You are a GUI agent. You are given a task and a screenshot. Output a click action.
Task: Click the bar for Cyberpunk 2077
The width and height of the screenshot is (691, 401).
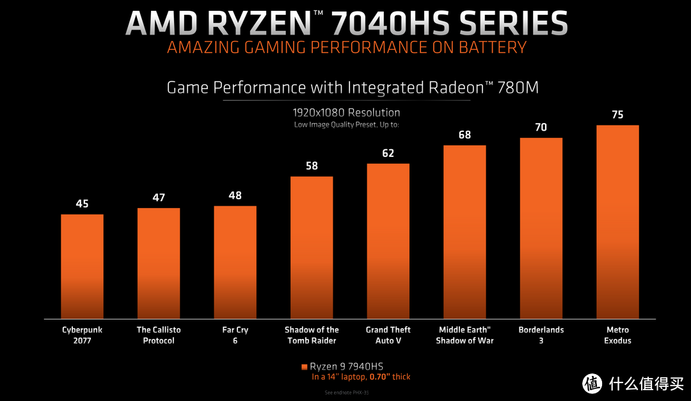82,266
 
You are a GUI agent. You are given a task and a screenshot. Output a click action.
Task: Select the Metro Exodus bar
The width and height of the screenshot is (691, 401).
617,221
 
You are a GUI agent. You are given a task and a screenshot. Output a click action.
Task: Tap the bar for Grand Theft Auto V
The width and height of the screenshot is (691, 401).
388,240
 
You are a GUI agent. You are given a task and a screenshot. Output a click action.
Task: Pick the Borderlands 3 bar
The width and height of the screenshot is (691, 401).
541,227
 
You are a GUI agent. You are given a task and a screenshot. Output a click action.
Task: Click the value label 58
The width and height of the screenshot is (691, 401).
312,166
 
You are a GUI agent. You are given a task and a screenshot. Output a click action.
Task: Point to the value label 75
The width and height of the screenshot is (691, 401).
617,115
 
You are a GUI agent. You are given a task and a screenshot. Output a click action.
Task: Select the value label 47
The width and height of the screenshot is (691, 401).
159,197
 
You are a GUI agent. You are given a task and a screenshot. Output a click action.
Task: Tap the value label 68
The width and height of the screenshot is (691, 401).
465,135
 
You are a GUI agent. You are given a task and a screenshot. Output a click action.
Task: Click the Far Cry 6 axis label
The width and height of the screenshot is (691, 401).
235,335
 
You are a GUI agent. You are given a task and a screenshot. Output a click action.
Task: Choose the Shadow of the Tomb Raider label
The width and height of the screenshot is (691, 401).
312,335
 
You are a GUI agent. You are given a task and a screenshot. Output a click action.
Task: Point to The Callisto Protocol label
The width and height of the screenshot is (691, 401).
159,335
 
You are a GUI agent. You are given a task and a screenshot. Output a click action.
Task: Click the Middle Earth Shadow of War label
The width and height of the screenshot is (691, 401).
465,335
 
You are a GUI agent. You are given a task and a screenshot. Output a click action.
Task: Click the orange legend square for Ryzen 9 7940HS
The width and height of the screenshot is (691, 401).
304,367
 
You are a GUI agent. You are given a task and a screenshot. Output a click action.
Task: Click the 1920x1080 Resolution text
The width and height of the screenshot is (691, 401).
346,113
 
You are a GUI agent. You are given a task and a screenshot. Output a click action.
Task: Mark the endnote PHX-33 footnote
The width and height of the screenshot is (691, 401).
346,392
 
